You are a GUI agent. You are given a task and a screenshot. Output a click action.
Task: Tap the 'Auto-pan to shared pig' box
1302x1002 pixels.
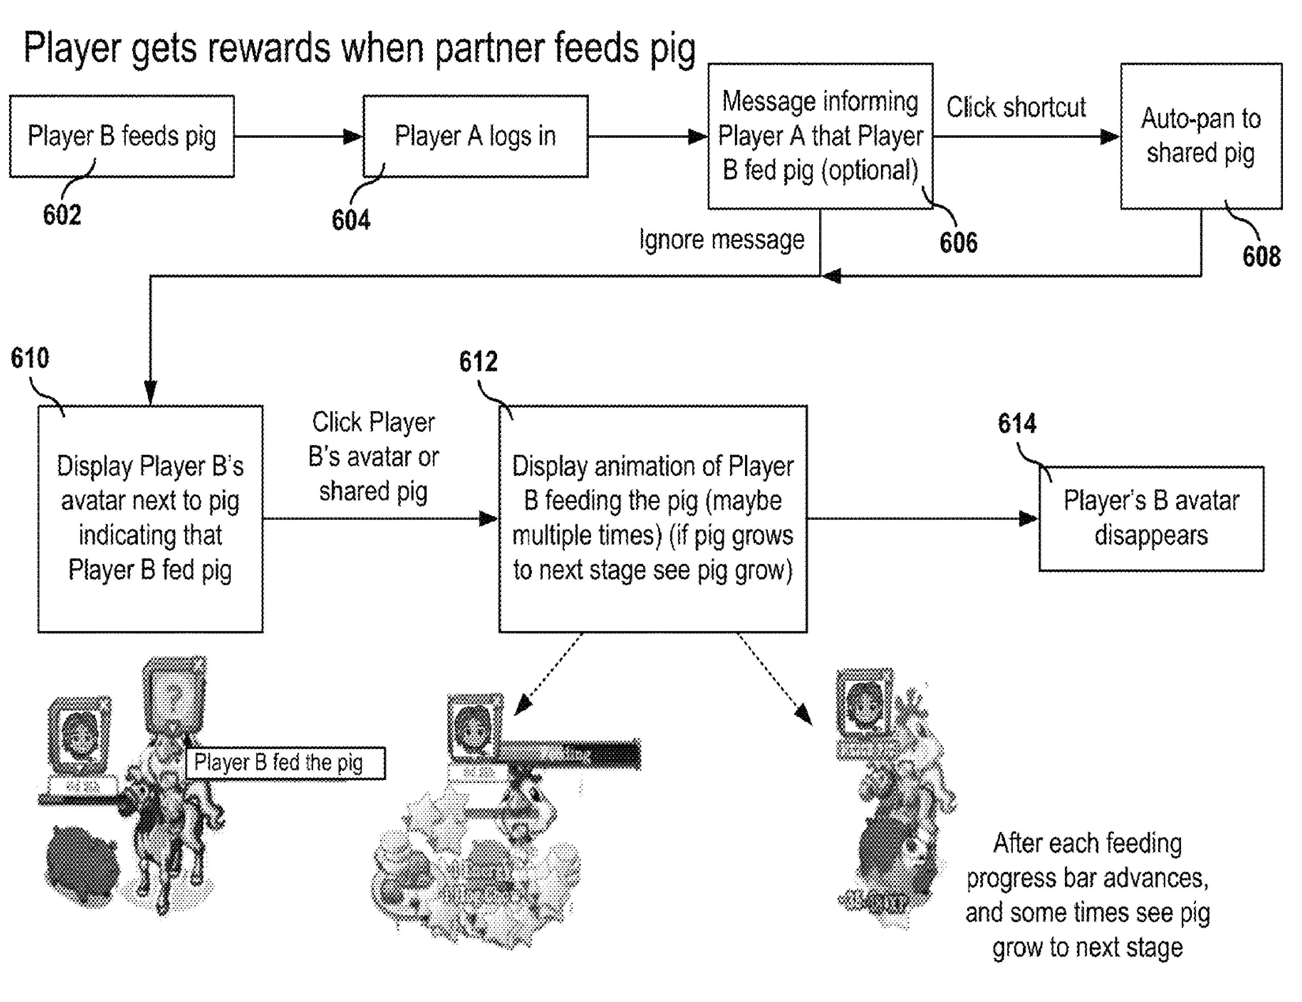[x=1200, y=136]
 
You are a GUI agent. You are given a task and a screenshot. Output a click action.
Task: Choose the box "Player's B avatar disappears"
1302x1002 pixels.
[x=1151, y=518]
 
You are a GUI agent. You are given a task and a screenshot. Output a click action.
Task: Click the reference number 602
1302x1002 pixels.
[x=62, y=215]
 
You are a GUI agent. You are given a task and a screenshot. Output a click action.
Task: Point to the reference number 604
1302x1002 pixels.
[x=351, y=220]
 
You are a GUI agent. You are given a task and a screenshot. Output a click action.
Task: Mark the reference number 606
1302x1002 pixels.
[x=959, y=243]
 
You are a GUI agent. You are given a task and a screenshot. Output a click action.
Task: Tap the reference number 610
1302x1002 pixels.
[x=30, y=358]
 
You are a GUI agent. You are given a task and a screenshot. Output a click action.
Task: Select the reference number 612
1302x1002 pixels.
[x=478, y=362]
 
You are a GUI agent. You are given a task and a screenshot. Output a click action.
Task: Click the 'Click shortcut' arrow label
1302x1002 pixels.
[x=1016, y=108]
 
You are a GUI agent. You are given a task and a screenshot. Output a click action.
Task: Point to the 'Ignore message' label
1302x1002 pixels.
[x=721, y=240]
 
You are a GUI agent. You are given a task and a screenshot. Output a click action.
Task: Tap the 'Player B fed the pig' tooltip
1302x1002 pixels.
[x=285, y=762]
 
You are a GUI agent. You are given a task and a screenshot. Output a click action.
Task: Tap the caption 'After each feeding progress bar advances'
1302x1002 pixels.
[x=1087, y=861]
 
